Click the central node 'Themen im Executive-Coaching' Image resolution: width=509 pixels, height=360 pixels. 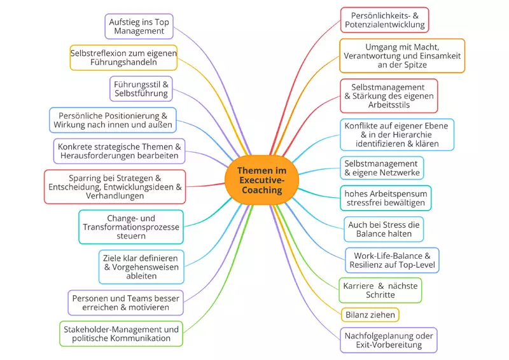click(261, 181)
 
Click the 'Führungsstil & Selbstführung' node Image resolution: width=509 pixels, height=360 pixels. click(141, 88)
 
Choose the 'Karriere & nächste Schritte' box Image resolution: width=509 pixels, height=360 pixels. click(380, 290)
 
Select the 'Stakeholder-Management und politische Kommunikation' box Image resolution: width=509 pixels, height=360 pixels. click(120, 333)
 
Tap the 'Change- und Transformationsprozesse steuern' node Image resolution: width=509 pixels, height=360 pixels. click(131, 227)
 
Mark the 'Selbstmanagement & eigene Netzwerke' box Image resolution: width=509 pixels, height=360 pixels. click(381, 168)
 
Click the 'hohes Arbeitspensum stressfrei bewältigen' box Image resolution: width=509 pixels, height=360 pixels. click(386, 198)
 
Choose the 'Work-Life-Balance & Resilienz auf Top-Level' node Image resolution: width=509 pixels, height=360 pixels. click(392, 260)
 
